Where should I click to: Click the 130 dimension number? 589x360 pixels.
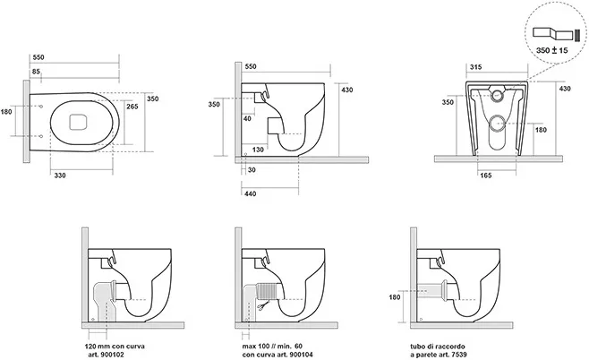tap(257, 150)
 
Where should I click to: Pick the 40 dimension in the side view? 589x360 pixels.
tap(246, 118)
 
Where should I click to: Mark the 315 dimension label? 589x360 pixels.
tap(476, 66)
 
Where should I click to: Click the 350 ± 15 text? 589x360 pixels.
tap(552, 54)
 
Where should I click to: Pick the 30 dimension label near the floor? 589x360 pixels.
tap(252, 170)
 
